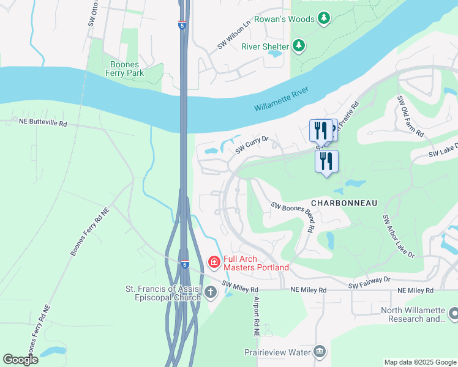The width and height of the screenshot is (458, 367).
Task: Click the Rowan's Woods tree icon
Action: tap(325, 18)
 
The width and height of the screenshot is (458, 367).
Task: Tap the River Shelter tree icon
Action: tap(298, 45)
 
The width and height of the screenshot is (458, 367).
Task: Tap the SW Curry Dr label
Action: tap(253, 145)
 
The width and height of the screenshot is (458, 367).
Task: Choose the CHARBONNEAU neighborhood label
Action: tap(343, 202)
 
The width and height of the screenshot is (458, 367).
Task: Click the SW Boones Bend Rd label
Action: tap(293, 217)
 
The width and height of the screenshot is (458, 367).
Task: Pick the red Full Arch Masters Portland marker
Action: tap(214, 262)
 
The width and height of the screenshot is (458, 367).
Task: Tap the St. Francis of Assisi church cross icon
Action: tap(210, 292)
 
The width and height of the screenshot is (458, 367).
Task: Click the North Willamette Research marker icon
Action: tap(453, 314)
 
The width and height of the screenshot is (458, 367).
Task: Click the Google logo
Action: tap(20, 359)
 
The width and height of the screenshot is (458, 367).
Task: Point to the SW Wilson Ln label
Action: tap(234, 37)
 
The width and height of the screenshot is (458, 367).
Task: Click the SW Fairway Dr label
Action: tap(369, 283)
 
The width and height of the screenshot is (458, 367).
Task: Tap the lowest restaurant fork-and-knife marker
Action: tap(326, 161)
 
